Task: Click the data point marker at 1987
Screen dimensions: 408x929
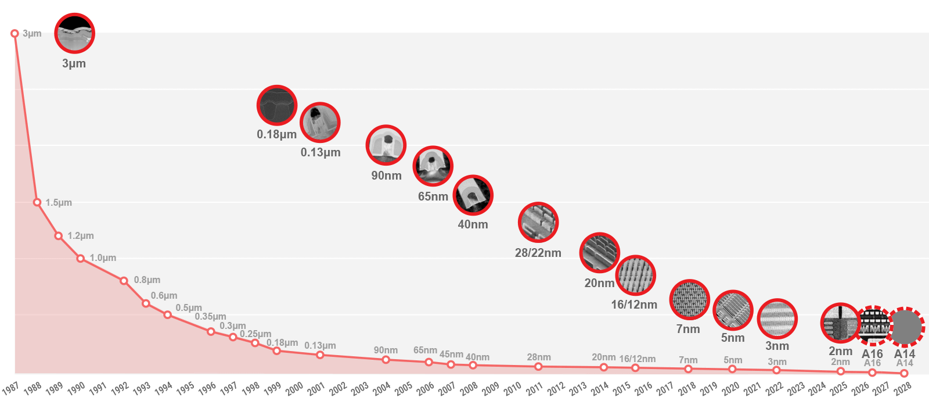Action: point(15,34)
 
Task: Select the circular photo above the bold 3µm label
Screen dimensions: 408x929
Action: point(74,33)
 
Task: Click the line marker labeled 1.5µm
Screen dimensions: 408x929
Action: point(37,202)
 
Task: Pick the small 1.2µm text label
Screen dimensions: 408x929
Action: point(80,236)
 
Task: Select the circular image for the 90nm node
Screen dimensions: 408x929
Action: point(386,145)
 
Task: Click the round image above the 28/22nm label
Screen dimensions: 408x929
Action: point(538,223)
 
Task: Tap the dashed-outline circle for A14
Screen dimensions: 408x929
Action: point(905,327)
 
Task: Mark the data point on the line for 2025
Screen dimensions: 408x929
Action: point(840,371)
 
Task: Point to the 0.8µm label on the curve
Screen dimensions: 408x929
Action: point(147,280)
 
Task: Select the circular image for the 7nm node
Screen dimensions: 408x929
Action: point(689,300)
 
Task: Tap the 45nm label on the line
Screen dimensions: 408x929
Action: point(451,355)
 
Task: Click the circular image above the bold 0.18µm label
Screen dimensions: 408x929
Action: point(277,105)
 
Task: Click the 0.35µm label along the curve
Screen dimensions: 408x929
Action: point(210,317)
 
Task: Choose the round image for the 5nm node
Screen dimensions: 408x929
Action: point(733,310)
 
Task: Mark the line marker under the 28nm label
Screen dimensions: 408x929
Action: point(538,367)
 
